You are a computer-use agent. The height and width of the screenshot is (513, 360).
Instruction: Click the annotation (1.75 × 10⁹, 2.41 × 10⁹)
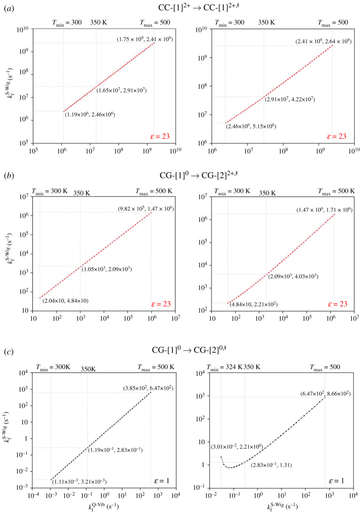point(145,39)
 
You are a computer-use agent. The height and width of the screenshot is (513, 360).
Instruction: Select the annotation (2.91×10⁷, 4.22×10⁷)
point(290,99)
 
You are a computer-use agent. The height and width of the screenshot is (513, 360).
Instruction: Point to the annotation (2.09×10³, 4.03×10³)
point(293,276)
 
